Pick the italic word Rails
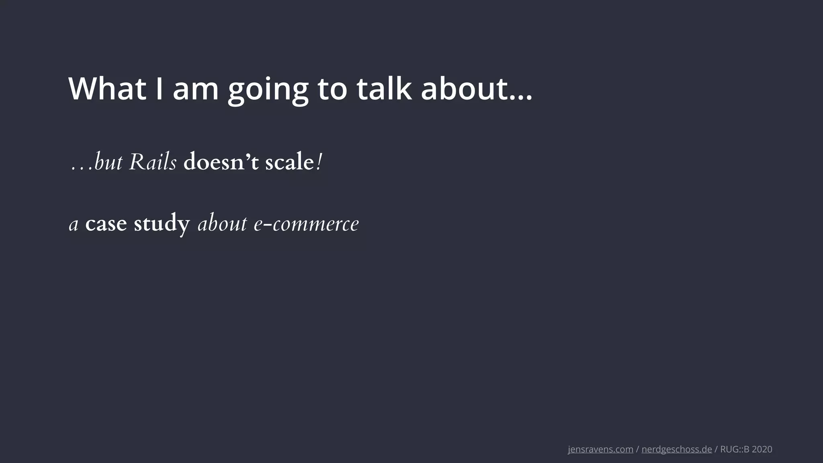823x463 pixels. coord(153,162)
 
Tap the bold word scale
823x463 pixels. coord(289,162)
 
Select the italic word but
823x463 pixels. coord(108,162)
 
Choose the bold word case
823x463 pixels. coord(106,224)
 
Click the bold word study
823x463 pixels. coord(162,224)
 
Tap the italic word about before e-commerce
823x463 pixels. coord(222,224)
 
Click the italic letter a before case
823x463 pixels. coord(74,225)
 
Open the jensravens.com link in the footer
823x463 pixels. coord(600,449)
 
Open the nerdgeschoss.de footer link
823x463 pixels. coord(677,449)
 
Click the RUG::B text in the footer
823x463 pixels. coord(735,449)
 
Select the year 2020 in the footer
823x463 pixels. coord(762,449)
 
